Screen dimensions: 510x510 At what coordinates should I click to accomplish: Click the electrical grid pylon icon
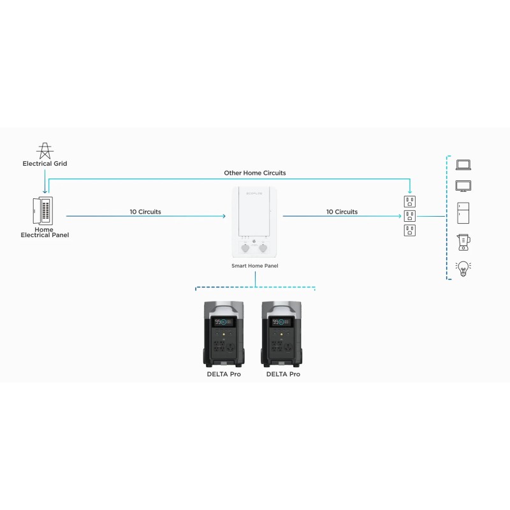[45, 150]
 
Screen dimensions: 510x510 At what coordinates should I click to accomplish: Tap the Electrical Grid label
[45, 164]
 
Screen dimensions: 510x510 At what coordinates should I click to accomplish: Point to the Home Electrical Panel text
[45, 233]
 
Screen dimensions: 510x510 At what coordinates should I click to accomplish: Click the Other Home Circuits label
[254, 173]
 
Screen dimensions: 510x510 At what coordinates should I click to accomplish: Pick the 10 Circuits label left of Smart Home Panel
[145, 212]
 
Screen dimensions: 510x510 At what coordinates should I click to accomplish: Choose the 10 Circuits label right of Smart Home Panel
[342, 212]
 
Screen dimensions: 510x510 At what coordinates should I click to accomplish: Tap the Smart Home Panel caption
[254, 265]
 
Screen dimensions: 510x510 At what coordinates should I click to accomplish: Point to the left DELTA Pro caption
[223, 374]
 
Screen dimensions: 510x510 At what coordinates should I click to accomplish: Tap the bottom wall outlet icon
[409, 230]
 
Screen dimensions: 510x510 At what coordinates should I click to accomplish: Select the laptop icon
[463, 164]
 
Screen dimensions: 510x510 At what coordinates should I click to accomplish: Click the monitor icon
[463, 186]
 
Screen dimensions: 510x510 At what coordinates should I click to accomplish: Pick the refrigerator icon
[463, 213]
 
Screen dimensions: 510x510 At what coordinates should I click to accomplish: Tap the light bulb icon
[463, 268]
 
